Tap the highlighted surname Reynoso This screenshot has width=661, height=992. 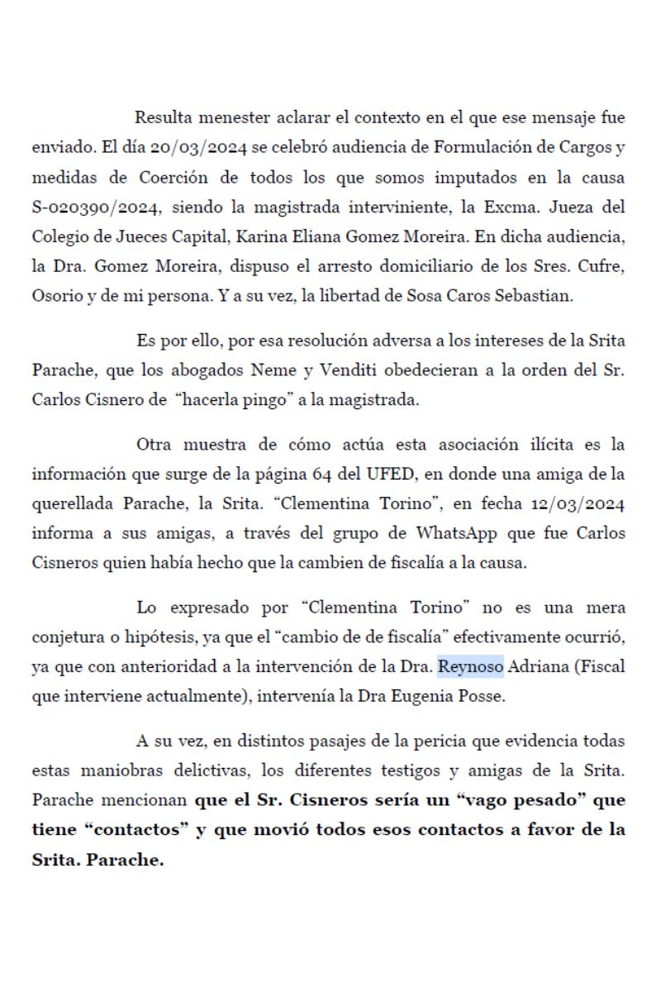[x=471, y=667]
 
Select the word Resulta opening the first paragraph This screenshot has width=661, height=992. [x=164, y=117]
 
